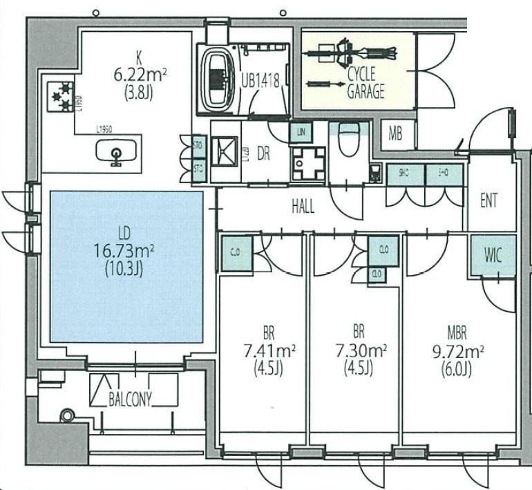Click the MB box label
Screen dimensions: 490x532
pyautogui.click(x=395, y=134)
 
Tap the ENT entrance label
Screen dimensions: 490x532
pyautogui.click(x=489, y=201)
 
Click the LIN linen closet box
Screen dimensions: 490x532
pyautogui.click(x=301, y=131)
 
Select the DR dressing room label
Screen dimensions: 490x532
pyautogui.click(x=263, y=154)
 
